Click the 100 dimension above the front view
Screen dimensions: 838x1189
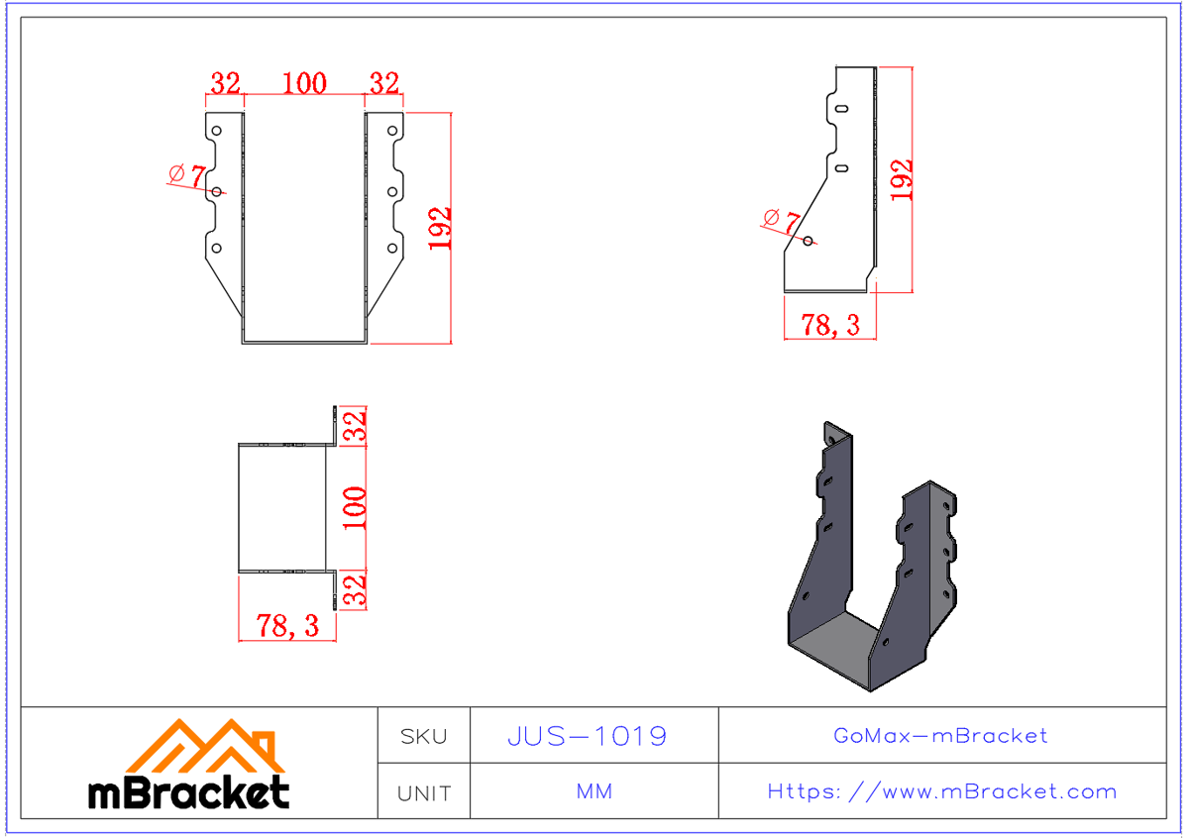(x=304, y=83)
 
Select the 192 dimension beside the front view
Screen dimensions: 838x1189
(x=440, y=228)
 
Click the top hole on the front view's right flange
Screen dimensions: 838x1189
(x=392, y=130)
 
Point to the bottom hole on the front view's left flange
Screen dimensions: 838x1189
(x=217, y=249)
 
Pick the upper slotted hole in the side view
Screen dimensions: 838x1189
(x=840, y=109)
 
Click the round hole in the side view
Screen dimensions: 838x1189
(x=809, y=241)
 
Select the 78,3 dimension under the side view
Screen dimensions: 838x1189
(x=830, y=324)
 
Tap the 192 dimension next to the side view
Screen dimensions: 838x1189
(x=901, y=180)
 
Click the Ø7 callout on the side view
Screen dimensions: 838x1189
(x=781, y=218)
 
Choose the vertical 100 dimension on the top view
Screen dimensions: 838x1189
(x=355, y=507)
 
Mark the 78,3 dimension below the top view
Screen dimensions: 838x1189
(x=287, y=625)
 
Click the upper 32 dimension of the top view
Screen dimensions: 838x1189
(x=355, y=426)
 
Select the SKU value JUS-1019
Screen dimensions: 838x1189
(x=587, y=736)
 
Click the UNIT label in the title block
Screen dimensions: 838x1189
(x=424, y=792)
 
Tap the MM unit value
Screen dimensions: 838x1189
(x=594, y=791)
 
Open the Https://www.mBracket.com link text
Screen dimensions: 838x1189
(x=941, y=791)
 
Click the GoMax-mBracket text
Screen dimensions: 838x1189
(x=940, y=736)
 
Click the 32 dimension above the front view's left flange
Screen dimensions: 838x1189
(x=225, y=83)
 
